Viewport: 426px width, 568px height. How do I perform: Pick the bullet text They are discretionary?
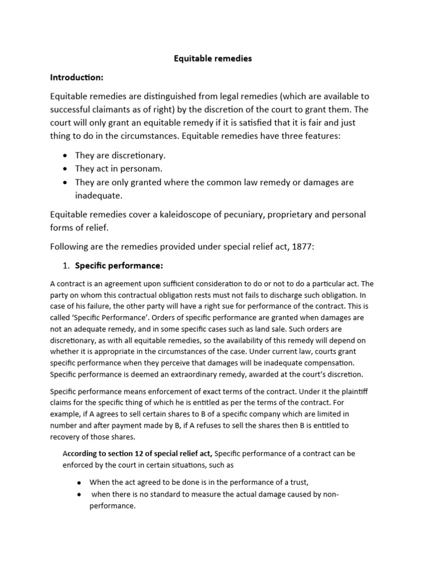120,156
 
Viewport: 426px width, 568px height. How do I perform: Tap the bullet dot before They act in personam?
65,169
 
